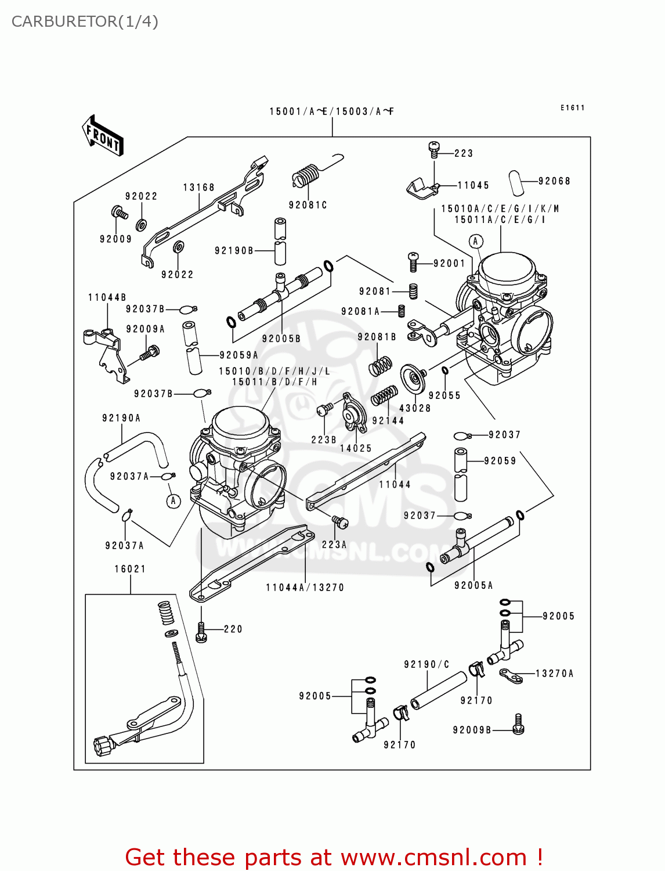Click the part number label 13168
point(199,188)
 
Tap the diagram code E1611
point(572,108)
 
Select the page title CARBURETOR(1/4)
point(85,21)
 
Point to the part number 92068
point(554,181)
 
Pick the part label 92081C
point(308,205)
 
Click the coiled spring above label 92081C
point(306,174)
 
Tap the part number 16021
point(130,569)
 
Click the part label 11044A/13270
point(305,588)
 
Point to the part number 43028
point(415,408)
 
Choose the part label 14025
point(356,448)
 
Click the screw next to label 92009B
point(518,724)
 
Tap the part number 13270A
point(554,674)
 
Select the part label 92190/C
point(427,664)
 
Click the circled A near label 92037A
point(174,501)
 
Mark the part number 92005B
point(281,339)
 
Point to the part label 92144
point(388,420)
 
